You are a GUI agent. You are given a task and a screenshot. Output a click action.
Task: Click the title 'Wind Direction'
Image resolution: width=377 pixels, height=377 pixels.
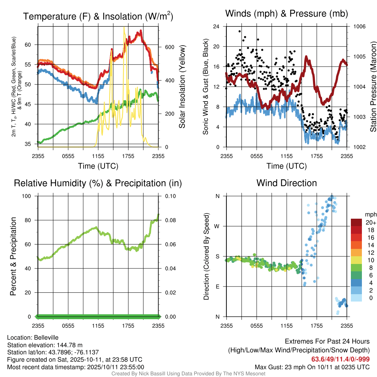[x=286, y=183]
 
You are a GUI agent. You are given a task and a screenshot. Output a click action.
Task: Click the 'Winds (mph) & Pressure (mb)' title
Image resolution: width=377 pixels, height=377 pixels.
[x=286, y=14]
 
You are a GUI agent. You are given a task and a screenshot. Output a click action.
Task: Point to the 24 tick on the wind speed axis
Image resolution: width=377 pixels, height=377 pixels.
[x=216, y=27]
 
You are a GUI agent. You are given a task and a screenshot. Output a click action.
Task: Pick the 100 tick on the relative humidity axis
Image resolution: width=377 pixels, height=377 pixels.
[x=29, y=196]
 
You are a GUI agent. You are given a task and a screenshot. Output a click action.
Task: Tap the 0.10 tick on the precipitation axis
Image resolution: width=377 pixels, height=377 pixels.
[x=170, y=196]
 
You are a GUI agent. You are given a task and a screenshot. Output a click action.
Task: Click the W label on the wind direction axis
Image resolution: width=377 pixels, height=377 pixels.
[x=217, y=226]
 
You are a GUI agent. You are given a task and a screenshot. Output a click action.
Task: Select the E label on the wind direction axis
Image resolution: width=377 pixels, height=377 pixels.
[x=217, y=286]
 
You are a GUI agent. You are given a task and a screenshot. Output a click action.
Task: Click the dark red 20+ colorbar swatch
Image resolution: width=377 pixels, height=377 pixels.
[x=357, y=222]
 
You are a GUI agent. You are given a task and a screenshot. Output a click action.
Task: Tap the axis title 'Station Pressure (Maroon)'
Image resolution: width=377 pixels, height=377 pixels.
[x=373, y=87]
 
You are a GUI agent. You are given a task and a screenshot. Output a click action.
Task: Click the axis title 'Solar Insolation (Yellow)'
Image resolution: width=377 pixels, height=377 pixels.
[x=182, y=87]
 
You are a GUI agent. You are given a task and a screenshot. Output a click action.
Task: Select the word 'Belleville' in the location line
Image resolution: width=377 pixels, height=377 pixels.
[x=46, y=337]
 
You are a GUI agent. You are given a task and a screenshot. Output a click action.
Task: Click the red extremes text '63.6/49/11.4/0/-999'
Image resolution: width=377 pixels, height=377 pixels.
[x=341, y=359]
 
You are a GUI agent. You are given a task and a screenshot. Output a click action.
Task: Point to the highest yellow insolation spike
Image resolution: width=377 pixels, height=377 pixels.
[x=124, y=28]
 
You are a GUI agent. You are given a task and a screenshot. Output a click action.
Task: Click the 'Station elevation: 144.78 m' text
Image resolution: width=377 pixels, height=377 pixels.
[x=43, y=345]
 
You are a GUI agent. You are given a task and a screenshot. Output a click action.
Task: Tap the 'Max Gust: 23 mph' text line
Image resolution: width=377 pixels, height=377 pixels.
[x=312, y=367]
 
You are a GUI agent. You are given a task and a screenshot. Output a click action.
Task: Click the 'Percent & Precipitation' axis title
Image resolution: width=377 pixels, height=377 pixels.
[x=13, y=256]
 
